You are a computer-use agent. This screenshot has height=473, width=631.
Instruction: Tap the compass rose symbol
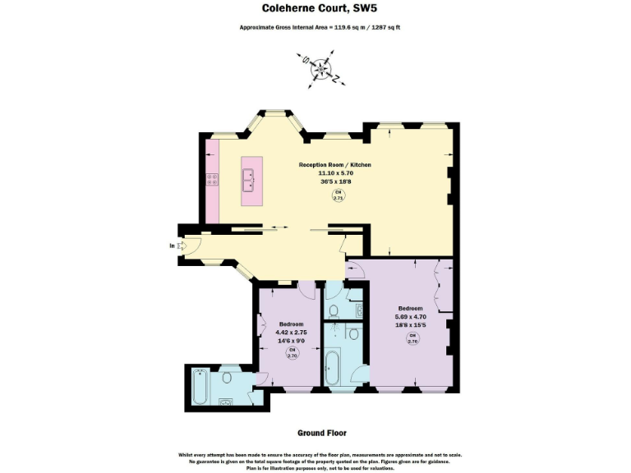coord(320,69)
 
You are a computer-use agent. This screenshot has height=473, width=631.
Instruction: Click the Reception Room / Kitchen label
coord(334,165)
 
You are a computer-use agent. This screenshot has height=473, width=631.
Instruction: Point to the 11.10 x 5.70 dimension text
coord(334,173)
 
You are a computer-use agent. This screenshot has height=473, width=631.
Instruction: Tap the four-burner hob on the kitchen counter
coord(211,179)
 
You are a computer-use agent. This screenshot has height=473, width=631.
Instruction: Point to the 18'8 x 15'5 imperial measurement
coord(413,325)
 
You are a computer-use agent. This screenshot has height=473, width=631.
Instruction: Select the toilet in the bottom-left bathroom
coord(227,379)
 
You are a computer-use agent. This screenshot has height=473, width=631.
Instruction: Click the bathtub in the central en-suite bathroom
coord(335,370)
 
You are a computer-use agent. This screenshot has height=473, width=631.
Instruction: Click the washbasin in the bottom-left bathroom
coord(226,403)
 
